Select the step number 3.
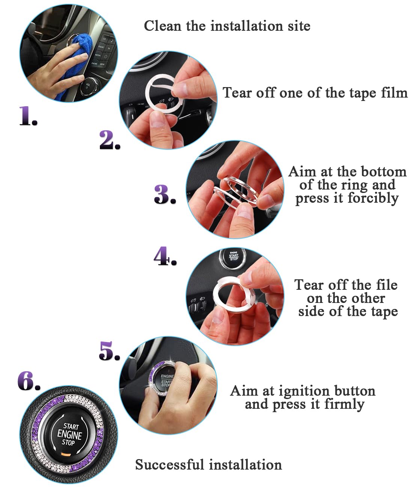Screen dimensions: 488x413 (164, 194)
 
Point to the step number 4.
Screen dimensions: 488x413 (164, 256)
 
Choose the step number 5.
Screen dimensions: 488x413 (109, 351)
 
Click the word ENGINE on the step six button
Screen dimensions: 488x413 (69, 435)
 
